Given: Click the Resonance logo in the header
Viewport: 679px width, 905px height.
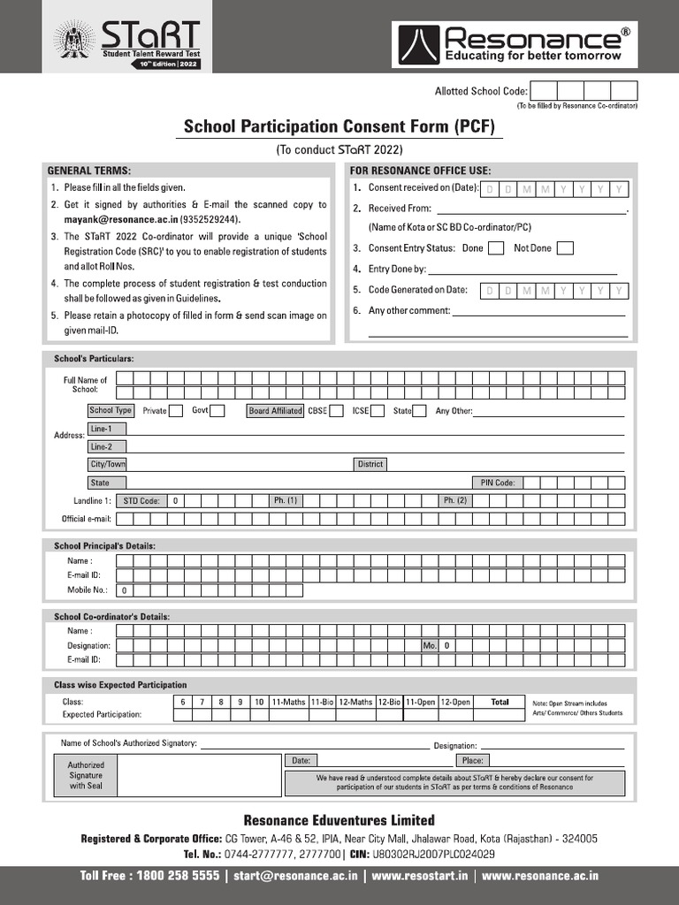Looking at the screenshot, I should click(x=515, y=44).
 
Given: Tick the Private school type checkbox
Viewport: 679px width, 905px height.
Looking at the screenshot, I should click(x=176, y=411).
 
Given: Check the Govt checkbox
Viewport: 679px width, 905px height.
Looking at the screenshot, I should click(x=217, y=411).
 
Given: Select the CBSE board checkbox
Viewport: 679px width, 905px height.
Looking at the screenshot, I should click(x=337, y=411).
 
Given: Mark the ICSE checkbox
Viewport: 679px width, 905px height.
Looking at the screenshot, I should click(x=378, y=411).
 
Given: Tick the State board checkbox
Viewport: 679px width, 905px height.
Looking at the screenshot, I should click(x=420, y=411).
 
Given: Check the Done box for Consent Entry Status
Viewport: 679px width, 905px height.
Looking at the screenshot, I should click(x=496, y=248).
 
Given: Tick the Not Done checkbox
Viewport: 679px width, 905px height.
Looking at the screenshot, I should click(x=565, y=248).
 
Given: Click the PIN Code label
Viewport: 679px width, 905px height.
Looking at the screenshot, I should click(x=498, y=483).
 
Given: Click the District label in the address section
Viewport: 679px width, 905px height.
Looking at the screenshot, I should click(x=370, y=464).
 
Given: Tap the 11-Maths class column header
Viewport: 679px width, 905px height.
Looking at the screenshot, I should click(x=288, y=702).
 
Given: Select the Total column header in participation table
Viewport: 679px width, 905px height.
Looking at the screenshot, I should click(x=500, y=702).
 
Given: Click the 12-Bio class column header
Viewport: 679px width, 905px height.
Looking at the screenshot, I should click(x=389, y=702).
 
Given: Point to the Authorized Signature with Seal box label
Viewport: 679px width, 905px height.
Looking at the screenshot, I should click(x=87, y=775).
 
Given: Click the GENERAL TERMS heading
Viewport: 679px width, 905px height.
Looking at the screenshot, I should click(x=89, y=171).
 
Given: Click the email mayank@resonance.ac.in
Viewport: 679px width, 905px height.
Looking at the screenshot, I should click(x=119, y=219).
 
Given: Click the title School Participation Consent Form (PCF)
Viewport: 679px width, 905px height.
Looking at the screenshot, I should click(x=339, y=127).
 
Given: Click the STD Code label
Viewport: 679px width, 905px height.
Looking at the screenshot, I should click(x=141, y=500).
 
